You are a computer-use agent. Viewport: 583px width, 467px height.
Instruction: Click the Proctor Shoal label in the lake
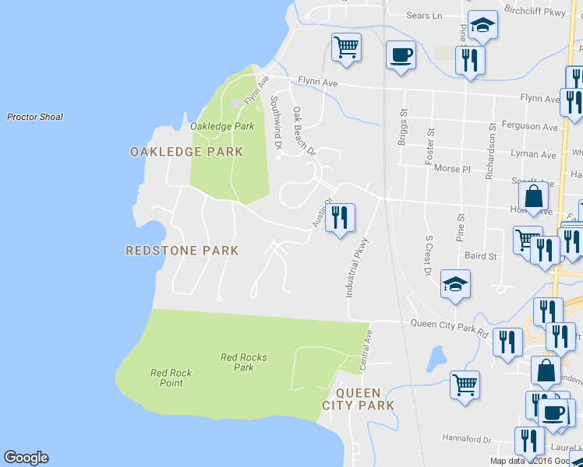coord(34,118)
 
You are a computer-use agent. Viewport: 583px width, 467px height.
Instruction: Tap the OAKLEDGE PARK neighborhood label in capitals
coord(186,152)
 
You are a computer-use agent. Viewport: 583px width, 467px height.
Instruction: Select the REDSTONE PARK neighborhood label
coord(182,251)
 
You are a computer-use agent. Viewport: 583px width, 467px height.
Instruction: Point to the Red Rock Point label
coord(171,377)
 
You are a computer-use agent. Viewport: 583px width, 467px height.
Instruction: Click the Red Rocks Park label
coord(243,363)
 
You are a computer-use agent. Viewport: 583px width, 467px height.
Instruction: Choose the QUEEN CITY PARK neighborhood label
coord(358,399)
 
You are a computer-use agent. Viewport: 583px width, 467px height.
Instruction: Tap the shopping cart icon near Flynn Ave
coord(346,46)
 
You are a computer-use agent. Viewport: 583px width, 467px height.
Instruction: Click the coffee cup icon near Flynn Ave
coord(401,54)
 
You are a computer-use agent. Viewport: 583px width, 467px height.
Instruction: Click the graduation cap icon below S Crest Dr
coord(455,284)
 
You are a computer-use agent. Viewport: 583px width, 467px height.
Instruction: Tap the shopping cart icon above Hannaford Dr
coord(465,383)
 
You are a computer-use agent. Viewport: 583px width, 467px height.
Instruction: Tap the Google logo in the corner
coord(26,458)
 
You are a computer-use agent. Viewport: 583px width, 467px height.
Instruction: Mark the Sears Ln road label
coord(424,16)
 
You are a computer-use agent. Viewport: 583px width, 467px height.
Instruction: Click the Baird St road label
coord(480,256)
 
